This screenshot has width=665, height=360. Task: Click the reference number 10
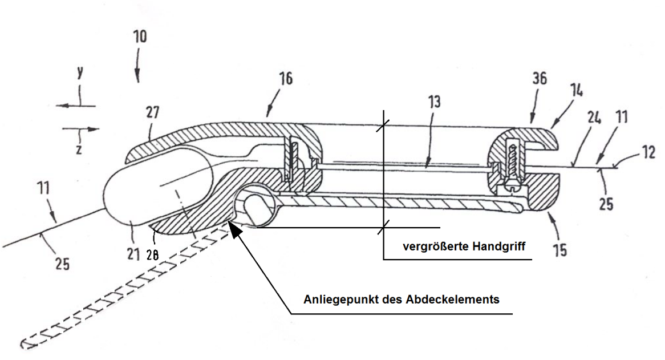tap(140, 37)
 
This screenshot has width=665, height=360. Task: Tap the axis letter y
tap(80, 72)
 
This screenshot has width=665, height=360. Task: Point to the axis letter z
tap(79, 149)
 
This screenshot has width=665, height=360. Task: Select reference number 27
tap(152, 112)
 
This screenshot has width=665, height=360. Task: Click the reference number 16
tap(286, 78)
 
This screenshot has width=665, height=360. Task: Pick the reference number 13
tap(434, 102)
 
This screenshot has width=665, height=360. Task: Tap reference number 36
tap(540, 78)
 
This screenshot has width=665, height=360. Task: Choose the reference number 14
tap(576, 90)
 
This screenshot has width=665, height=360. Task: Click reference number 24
tap(594, 118)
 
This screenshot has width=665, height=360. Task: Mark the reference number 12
tap(648, 152)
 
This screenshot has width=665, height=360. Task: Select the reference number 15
tap(560, 250)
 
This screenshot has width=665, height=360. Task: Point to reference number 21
tap(133, 254)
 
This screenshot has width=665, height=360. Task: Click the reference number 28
tap(152, 255)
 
